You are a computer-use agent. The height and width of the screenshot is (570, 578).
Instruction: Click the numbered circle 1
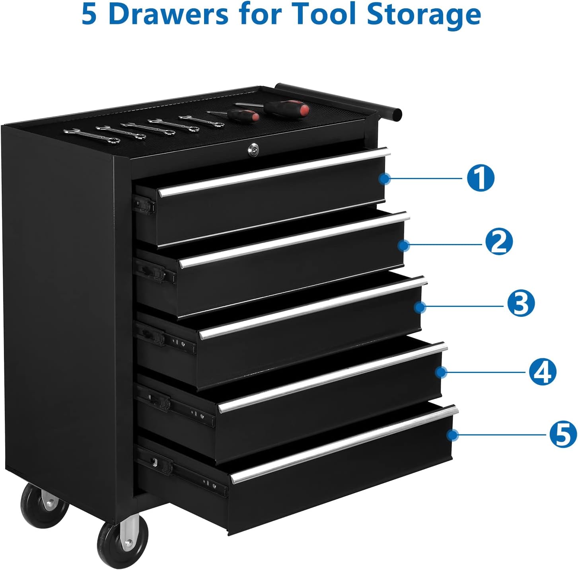pos(481,178)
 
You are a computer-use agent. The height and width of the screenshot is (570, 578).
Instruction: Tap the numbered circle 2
pos(499,242)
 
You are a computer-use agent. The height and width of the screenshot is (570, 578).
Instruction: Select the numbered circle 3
pos(521,303)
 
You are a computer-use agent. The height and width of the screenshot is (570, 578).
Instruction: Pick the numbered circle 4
pos(542,371)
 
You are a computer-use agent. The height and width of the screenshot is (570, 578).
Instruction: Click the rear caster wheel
pos(45,505)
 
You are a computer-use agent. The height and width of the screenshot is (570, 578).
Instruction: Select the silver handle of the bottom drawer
pos(344,444)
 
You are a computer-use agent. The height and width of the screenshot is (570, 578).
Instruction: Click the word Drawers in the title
pos(168,14)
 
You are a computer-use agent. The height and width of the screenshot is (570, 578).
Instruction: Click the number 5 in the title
pos(89,14)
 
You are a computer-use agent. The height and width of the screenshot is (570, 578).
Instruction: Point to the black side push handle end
pos(396,115)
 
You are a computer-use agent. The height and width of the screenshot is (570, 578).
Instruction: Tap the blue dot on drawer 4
pos(440,372)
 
